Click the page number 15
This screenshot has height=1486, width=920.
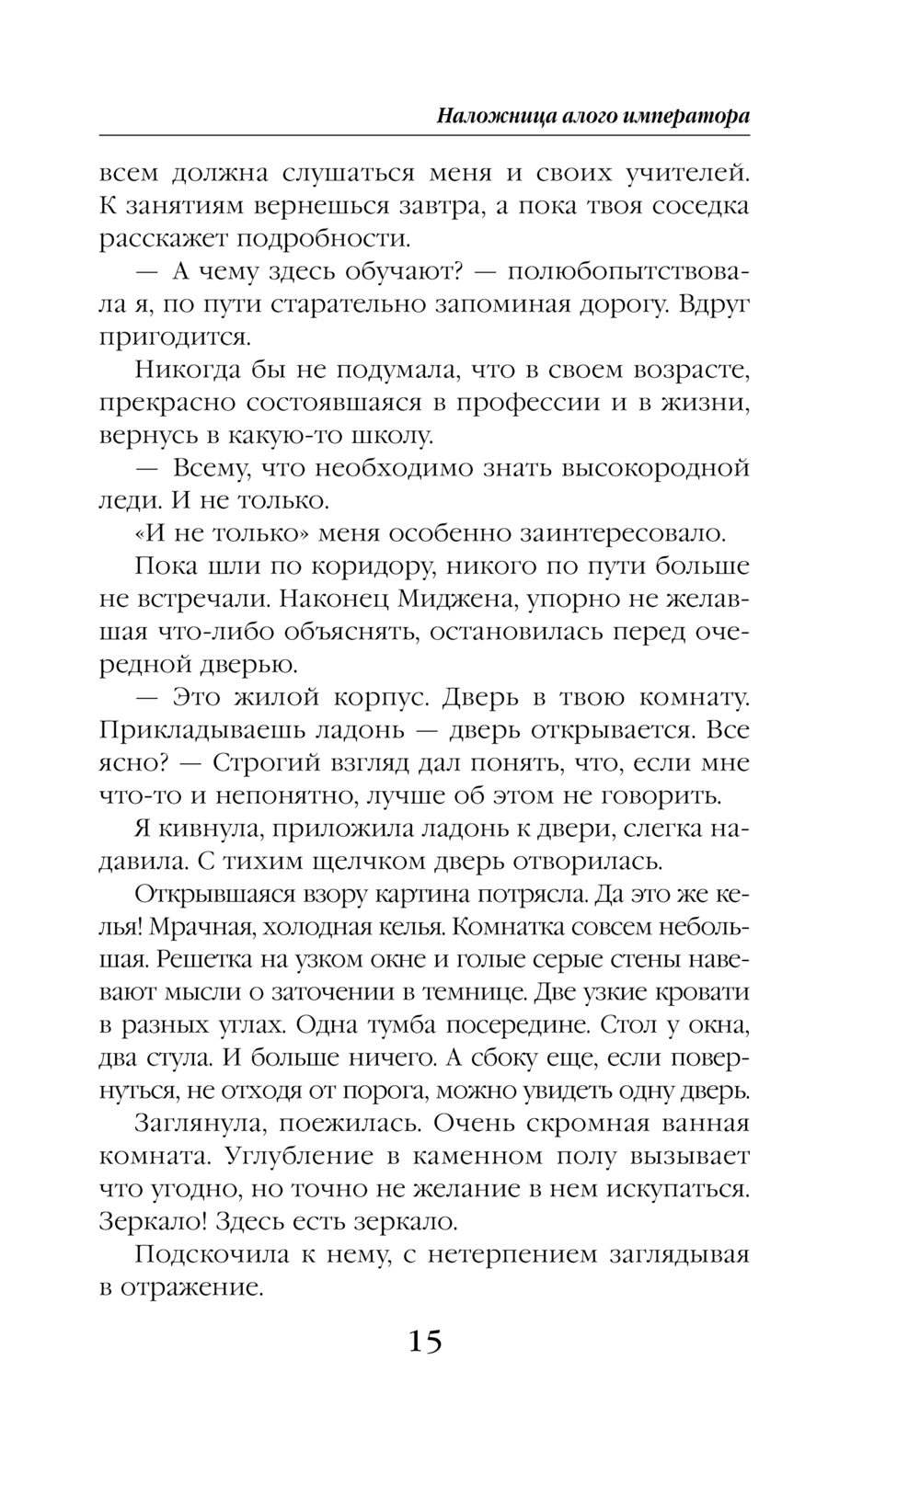[x=425, y=1342]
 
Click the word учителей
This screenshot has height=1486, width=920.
[x=677, y=173]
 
